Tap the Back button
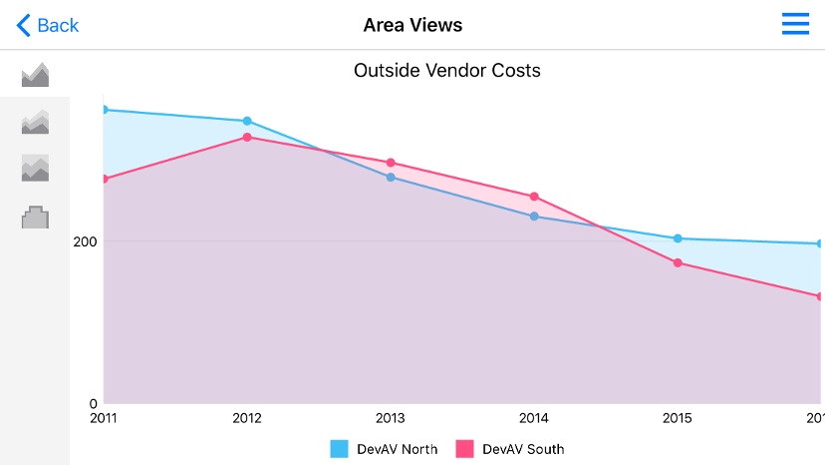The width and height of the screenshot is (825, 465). coord(48,25)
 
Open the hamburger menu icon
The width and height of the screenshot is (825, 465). coord(795,25)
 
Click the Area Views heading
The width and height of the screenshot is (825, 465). coord(412,25)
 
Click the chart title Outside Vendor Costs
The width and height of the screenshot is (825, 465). coord(447,71)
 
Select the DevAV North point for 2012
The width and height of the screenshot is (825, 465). coord(247,121)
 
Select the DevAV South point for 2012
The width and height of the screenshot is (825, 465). coord(247,137)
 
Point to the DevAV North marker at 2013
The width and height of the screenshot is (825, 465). coord(391,177)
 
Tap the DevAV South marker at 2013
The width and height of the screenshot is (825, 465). coord(391,163)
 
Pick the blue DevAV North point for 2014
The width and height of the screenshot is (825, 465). coord(534,217)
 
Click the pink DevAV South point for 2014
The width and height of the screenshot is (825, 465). coord(534,197)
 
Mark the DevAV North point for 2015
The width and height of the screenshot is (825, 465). coord(678,238)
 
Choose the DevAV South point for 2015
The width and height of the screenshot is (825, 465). coord(678,262)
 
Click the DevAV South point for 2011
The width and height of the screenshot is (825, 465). coord(104,179)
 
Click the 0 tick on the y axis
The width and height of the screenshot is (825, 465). coord(93,402)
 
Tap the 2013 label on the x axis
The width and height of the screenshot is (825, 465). coord(391,418)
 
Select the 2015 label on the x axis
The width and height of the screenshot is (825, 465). coord(678,418)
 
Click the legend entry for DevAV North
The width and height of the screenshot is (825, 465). coord(385,449)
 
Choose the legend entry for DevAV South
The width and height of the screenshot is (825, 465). coord(510,449)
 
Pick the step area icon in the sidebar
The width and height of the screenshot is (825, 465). coord(35,217)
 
